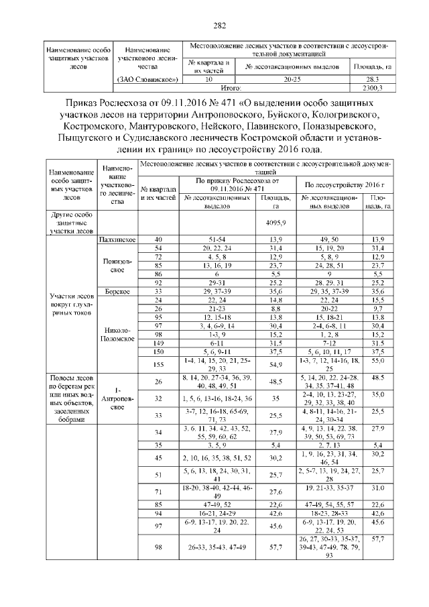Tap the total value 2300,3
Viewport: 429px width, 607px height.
(x=371, y=87)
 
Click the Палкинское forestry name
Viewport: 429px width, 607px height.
(x=117, y=239)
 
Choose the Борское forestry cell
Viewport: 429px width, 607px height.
(x=117, y=292)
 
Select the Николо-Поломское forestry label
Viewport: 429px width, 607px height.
(x=117, y=335)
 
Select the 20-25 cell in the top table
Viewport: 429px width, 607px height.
(x=292, y=79)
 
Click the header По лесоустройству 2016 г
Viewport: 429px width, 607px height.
(x=340, y=184)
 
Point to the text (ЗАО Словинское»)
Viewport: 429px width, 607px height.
(x=147, y=79)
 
